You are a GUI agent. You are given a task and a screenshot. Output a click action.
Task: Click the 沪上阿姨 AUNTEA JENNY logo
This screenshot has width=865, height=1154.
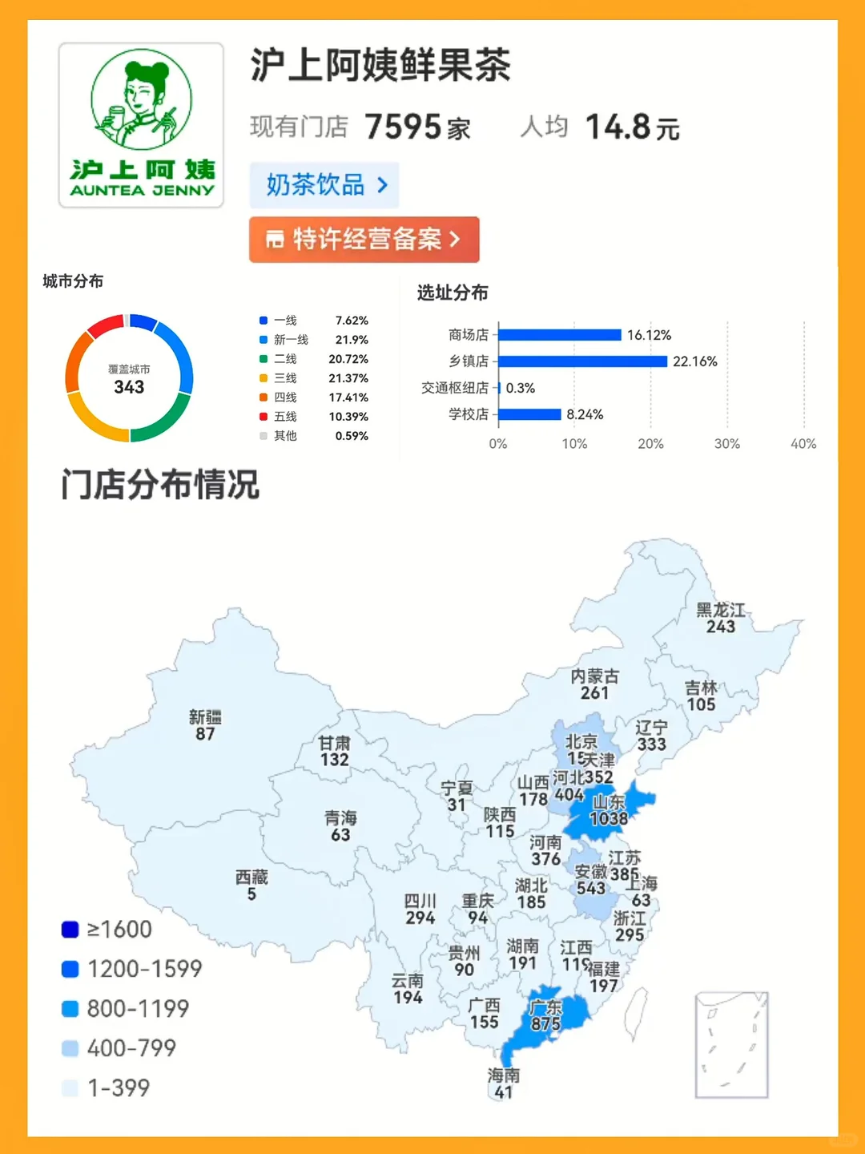pyautogui.click(x=141, y=125)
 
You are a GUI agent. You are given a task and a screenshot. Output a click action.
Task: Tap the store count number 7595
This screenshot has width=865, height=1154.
pyautogui.click(x=403, y=127)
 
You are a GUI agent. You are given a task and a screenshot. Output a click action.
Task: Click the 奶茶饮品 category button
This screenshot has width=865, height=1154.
pyautogui.click(x=324, y=185)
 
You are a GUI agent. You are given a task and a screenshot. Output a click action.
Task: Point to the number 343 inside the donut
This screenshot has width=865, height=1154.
pyautogui.click(x=129, y=387)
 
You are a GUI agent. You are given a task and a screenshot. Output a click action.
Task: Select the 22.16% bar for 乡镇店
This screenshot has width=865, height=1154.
pyautogui.click(x=582, y=361)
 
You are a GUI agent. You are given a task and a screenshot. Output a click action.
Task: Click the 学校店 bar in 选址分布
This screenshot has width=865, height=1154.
pyautogui.click(x=529, y=414)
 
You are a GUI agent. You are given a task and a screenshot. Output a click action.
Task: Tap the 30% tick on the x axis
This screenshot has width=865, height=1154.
pyautogui.click(x=727, y=444)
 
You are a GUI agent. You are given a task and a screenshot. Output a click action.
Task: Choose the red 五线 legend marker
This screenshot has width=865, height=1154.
pyautogui.click(x=263, y=417)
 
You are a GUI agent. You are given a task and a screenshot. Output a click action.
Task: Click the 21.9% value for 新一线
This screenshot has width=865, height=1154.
pyautogui.click(x=352, y=340)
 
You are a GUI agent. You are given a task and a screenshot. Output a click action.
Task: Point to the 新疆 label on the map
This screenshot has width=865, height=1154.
pyautogui.click(x=205, y=717)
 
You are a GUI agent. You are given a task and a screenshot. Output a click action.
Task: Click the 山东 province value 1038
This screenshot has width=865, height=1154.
pyautogui.click(x=609, y=819)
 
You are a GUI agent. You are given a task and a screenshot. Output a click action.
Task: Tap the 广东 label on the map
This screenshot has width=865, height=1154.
pyautogui.click(x=545, y=1007)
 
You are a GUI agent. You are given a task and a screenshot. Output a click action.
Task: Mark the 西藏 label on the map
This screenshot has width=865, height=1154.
pyautogui.click(x=251, y=878)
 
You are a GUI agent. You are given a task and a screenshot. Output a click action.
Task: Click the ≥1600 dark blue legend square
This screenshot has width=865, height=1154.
pyautogui.click(x=70, y=930)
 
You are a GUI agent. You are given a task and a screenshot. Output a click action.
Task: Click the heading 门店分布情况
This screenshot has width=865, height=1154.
pyautogui.click(x=160, y=485)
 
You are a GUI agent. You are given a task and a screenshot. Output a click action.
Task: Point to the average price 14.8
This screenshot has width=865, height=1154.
pyautogui.click(x=618, y=127)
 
